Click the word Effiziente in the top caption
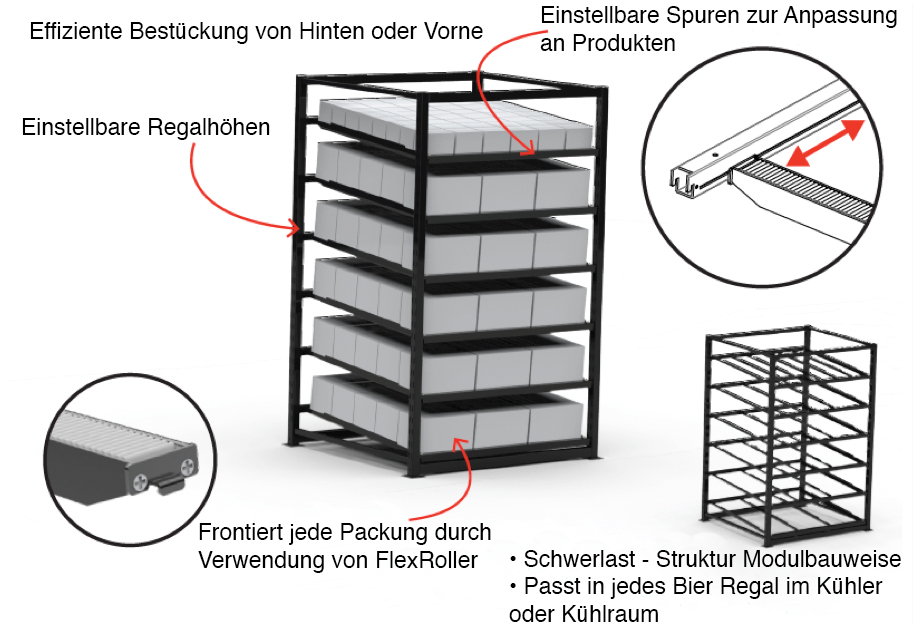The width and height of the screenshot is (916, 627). pyautogui.click(x=76, y=31)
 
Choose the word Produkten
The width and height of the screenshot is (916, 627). pyautogui.click(x=619, y=44)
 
